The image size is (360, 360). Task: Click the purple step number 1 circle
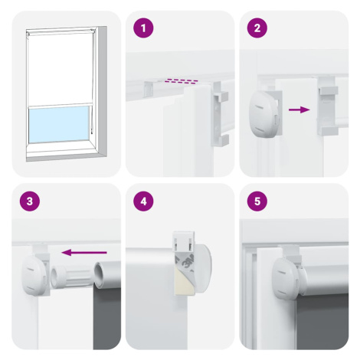pos(143,28)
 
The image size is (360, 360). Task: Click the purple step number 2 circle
pos(257,28)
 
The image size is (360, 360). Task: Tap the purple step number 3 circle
pos(30,201)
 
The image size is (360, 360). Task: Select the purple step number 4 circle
pos(143,201)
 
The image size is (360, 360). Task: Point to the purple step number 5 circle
pos(257,201)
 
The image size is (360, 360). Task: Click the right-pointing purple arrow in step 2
pos(299,110)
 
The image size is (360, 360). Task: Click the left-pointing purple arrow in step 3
pos(84,253)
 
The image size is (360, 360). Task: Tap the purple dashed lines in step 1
pos(182,81)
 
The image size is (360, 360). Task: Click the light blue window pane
pos(59,125)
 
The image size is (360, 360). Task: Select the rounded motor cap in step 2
pos(263,113)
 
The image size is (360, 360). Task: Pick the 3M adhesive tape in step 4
pos(185,262)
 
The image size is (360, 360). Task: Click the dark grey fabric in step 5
pos(322,322)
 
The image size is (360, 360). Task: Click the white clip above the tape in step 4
pos(185,241)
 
